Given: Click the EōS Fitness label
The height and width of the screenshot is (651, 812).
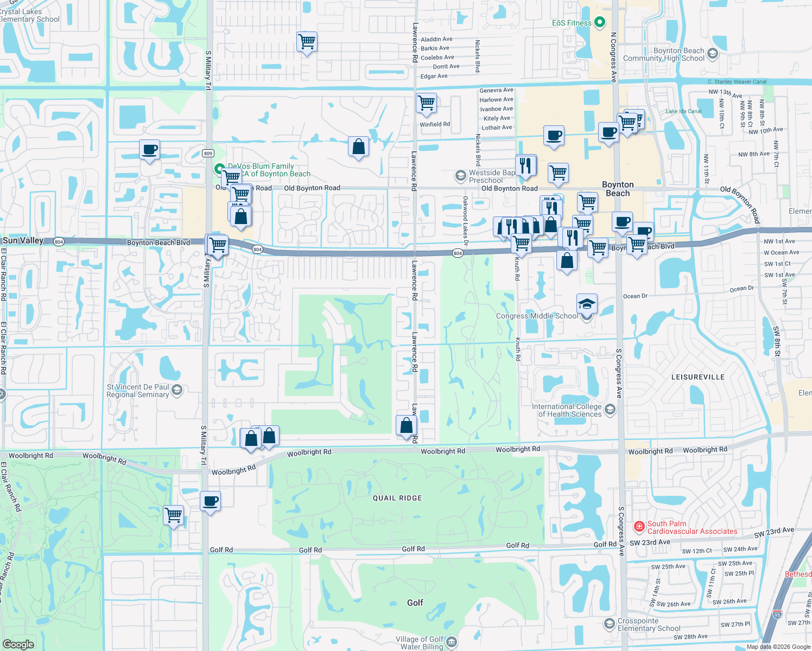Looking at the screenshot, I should pos(572,23).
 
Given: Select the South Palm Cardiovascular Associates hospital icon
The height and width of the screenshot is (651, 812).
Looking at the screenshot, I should pos(639,526).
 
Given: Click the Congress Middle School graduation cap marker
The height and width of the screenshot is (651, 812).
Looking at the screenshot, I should pos(587,304).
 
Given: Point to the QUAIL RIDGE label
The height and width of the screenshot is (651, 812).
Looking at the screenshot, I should pos(397,498).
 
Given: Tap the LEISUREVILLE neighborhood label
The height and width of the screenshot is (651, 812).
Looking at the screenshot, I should pos(697,377).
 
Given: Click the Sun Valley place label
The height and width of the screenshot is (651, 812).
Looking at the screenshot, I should pos(23,240).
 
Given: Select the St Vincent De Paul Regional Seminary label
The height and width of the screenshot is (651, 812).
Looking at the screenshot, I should pos(138,391).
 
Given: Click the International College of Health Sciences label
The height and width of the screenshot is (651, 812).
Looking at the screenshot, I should pos(567,410).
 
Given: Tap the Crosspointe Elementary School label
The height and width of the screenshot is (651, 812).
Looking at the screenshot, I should pos(649,624).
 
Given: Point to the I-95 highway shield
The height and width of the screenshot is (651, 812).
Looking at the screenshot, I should pos(777,615).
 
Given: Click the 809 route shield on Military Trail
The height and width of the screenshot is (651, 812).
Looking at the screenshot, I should pos(208,154).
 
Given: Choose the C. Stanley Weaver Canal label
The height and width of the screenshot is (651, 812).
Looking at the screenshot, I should pos(737,82).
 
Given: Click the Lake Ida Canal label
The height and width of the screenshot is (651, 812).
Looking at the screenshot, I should pos(683,111).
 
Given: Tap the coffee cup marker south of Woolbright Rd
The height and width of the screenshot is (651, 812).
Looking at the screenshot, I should pos(210,501).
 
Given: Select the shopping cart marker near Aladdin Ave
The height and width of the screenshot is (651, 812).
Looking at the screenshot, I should pos(307,41).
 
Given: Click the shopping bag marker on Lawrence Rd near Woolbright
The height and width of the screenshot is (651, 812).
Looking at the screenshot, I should pos(406,425).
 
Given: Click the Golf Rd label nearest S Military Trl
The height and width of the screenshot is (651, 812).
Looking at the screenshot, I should pos(221,550).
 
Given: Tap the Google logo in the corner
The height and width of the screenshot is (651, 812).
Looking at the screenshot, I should pos(18,644).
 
